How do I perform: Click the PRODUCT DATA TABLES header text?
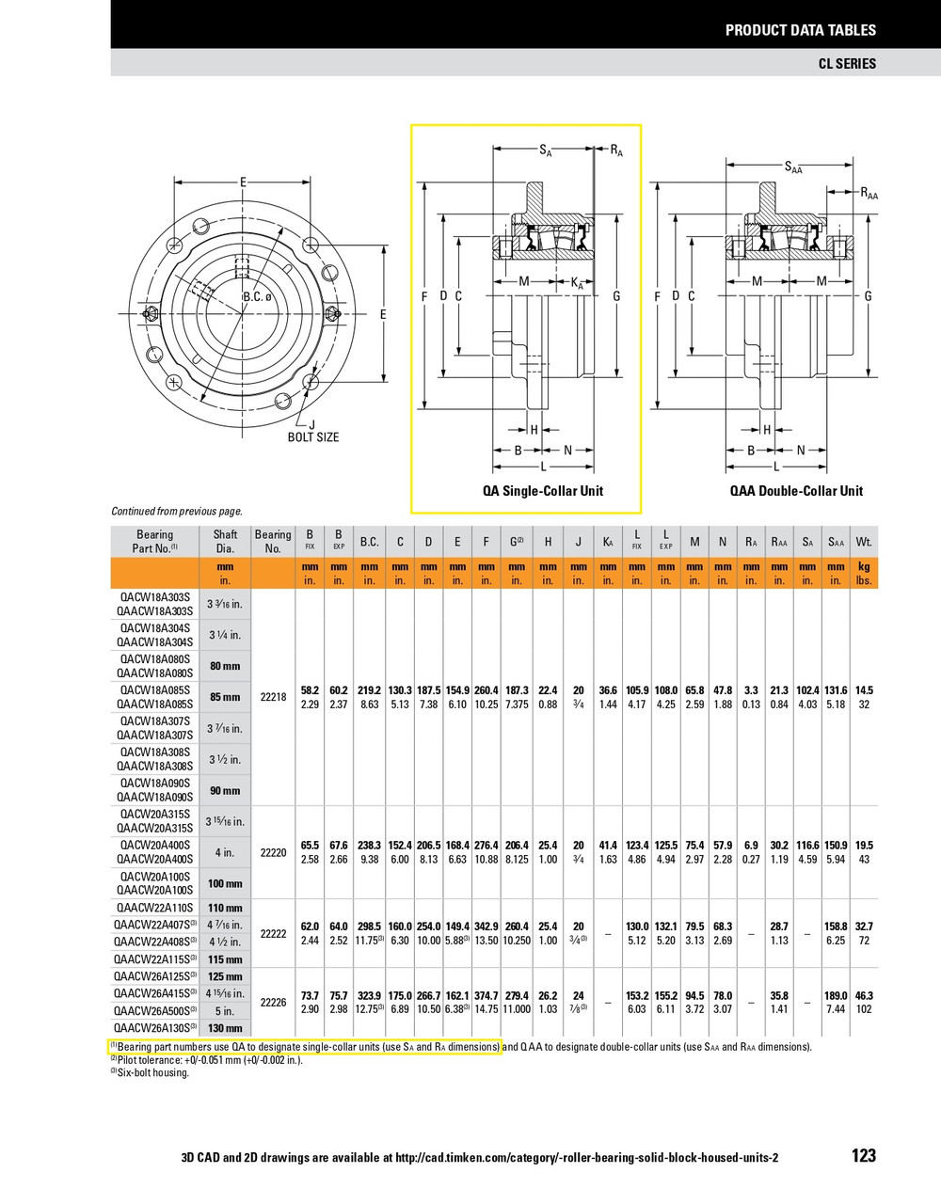point(800,30)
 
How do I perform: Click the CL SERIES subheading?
point(846,63)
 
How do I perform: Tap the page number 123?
point(863,1156)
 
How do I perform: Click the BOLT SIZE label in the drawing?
point(313,437)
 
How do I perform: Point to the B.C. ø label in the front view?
point(257,297)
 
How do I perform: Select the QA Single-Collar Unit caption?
point(543,491)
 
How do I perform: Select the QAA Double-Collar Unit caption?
point(796,491)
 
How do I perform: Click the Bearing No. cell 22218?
point(273,697)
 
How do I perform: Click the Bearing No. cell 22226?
point(273,1002)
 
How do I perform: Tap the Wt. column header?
point(864,542)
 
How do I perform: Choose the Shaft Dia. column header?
point(225,541)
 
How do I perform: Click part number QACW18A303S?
point(154,597)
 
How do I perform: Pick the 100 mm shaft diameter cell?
point(225,883)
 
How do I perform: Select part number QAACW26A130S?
point(154,1028)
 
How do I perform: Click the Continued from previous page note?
point(177,512)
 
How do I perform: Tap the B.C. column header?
point(369,542)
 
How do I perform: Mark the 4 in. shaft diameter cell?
point(225,852)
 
